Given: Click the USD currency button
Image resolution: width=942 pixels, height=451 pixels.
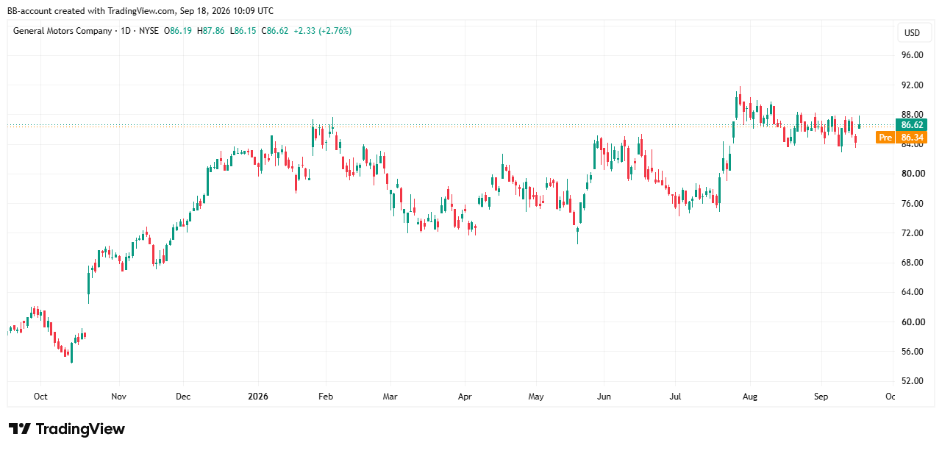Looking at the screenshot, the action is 912,33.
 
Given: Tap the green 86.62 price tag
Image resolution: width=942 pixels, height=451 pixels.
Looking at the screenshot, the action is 911,125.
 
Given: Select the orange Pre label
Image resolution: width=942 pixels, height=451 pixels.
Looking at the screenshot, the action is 885,137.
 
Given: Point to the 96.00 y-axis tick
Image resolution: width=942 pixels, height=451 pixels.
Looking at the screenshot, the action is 912,55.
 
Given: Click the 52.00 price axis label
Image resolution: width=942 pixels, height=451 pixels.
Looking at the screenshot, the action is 913,381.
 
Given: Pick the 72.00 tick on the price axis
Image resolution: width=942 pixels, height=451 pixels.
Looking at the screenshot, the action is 912,233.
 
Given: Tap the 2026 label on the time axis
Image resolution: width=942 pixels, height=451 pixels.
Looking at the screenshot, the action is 258,397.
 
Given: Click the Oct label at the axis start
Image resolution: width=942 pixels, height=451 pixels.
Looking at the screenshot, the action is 40,397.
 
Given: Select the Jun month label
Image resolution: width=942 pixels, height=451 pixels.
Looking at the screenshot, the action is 604,397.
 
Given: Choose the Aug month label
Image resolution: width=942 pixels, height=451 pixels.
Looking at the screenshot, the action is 750,397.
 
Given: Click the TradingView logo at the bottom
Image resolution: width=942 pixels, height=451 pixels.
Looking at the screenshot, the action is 67,429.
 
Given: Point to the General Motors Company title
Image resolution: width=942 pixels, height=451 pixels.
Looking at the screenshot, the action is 63,31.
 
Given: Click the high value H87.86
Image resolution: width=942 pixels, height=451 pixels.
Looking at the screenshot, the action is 211,31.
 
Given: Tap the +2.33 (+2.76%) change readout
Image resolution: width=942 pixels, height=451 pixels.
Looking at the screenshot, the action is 323,31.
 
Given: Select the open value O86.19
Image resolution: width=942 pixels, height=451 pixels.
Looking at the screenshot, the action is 177,31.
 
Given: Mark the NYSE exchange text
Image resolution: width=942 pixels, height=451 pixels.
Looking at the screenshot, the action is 149,31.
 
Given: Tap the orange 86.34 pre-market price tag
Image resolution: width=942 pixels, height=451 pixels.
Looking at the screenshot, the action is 911,137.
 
